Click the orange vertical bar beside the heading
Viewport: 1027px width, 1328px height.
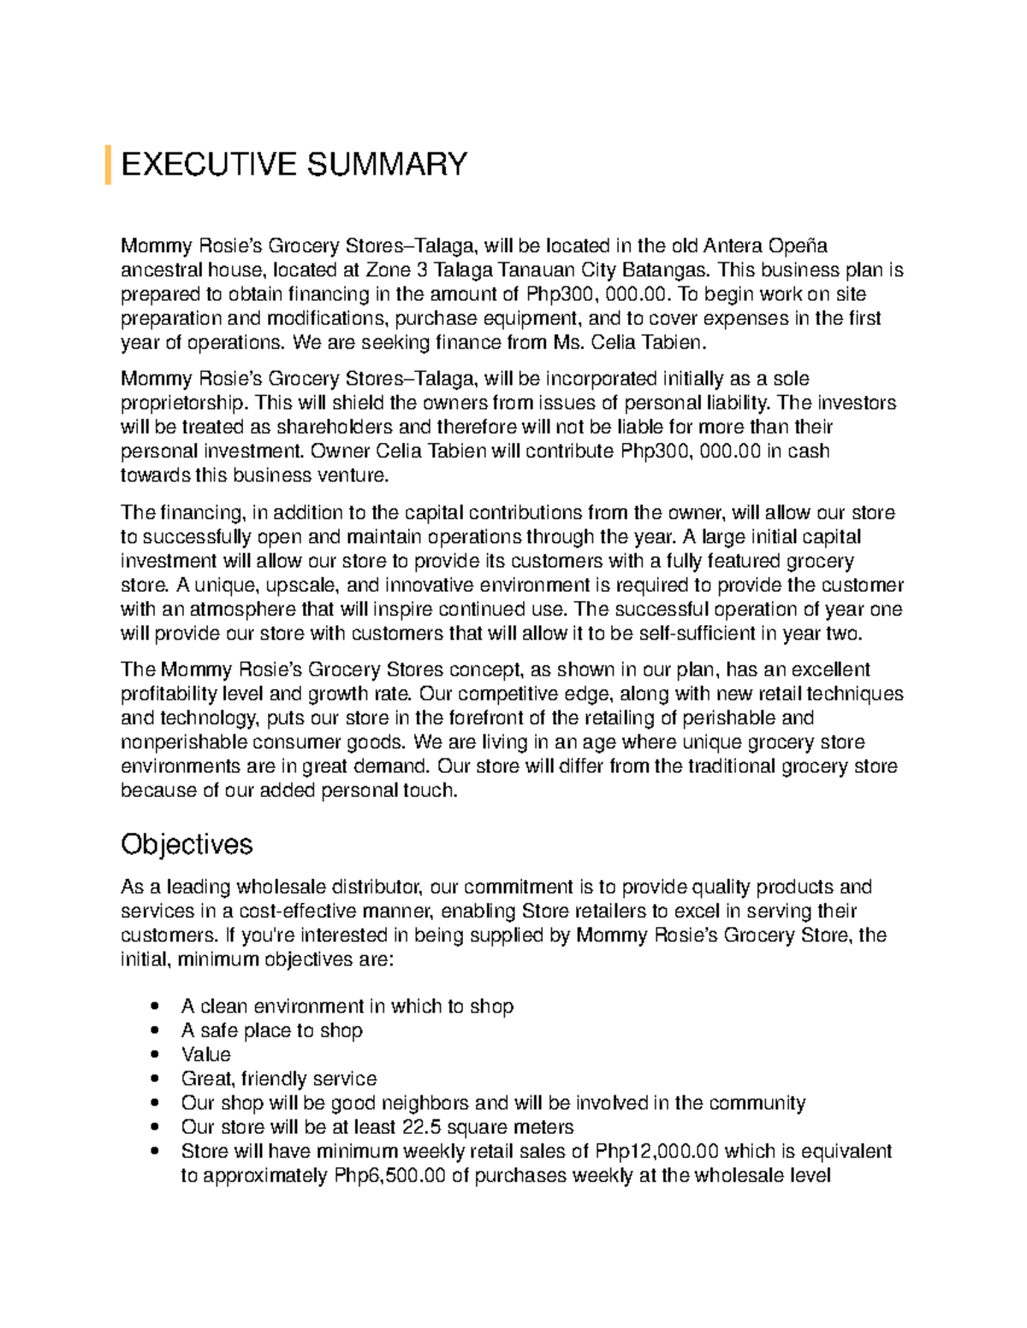(x=108, y=165)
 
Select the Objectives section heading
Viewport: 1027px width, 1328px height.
(x=187, y=845)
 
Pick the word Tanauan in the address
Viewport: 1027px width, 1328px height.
(x=521, y=270)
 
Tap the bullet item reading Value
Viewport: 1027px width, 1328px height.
(x=205, y=1054)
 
